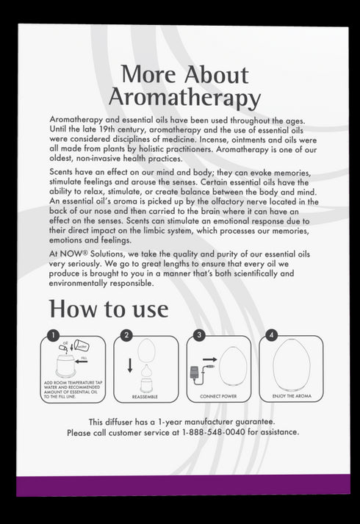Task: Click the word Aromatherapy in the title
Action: pos(184,97)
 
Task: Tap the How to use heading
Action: pos(108,308)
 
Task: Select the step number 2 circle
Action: pos(126,336)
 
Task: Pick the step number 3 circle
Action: pos(198,336)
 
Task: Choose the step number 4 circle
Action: pos(271,336)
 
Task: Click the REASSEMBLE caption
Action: pos(145,396)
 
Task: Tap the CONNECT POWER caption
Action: pos(218,396)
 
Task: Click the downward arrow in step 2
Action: pos(130,365)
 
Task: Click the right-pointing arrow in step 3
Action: pos(209,360)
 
